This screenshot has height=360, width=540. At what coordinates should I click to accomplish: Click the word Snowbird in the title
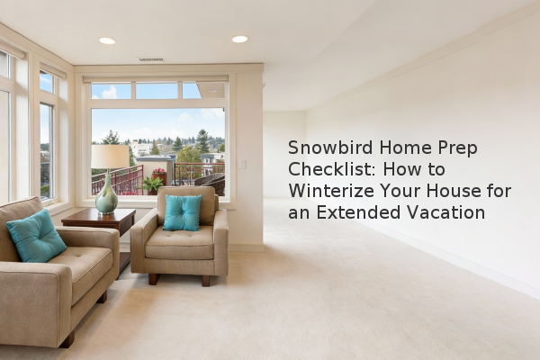(330, 148)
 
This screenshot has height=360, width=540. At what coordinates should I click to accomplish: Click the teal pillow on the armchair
(182, 212)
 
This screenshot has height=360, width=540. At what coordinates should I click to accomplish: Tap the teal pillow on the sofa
(36, 235)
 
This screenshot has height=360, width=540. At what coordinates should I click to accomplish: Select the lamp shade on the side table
(110, 157)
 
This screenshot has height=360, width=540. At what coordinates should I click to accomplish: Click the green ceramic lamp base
(107, 195)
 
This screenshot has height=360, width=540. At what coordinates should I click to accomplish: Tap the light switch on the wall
(242, 164)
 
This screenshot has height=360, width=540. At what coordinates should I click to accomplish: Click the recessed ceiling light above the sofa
(107, 41)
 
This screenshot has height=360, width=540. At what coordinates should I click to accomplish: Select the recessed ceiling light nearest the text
(239, 39)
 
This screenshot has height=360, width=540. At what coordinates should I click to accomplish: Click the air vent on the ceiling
(151, 59)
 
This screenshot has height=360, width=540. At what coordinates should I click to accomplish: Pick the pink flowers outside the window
(159, 170)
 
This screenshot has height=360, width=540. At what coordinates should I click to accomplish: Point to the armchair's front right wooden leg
(205, 281)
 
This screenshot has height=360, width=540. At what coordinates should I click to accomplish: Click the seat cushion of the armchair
(180, 242)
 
